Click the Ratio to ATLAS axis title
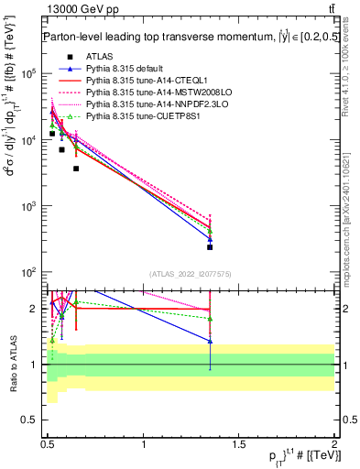click(x=13, y=365)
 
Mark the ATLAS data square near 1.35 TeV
click(x=210, y=247)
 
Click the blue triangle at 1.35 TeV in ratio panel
click(x=210, y=341)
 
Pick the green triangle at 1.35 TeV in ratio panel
click(x=210, y=319)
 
